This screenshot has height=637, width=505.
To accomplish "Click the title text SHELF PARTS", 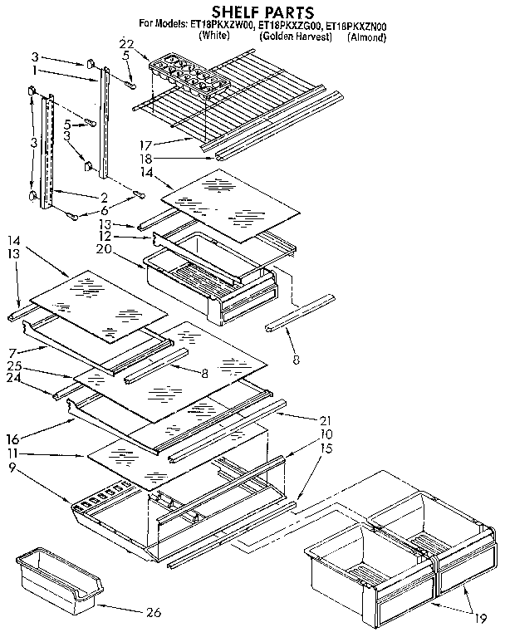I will coord(251,12).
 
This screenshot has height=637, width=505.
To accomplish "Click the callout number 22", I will coord(125,43).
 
